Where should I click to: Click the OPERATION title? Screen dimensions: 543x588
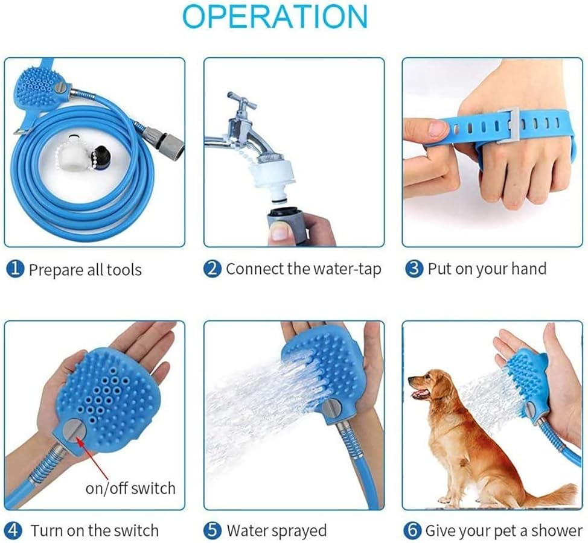pos(275,16)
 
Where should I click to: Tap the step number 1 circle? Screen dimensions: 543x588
pos(15,269)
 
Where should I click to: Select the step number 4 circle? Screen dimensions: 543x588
pos(15,531)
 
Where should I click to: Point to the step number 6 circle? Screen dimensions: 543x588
pos(412,531)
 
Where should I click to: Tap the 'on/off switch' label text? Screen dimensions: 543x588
pos(130,488)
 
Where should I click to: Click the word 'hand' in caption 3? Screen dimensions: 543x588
pos(527,269)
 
